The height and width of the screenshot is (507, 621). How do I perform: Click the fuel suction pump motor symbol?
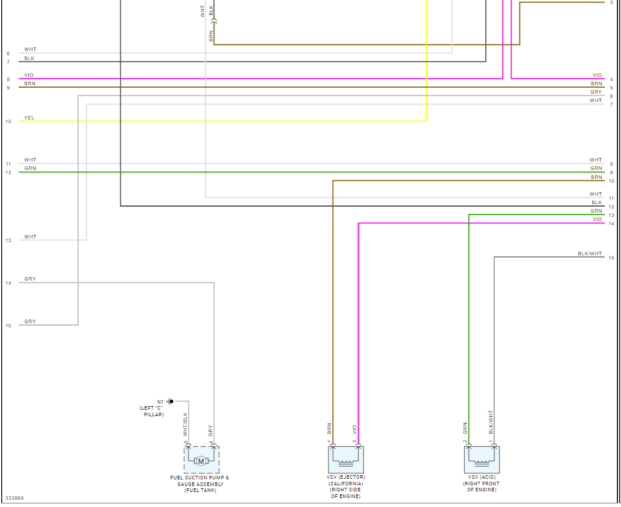point(201,461)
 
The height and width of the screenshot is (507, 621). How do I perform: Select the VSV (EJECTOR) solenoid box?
point(347,460)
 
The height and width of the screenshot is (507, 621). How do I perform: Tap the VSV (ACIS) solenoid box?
point(482,460)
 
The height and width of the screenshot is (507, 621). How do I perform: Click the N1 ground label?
point(160,401)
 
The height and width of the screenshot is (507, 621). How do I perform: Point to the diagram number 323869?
point(14,498)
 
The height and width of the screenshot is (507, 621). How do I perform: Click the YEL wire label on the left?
point(29,118)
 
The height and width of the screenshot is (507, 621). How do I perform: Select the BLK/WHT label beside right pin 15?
point(590,253)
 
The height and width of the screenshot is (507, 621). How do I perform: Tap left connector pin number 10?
point(8,121)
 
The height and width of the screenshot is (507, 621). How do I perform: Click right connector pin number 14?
point(611,224)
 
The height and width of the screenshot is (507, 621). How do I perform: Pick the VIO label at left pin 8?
point(29,75)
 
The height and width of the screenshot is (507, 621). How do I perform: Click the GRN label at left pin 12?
point(30,168)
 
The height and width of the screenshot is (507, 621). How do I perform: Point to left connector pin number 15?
point(8,326)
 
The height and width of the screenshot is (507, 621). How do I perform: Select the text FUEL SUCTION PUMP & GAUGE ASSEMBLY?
point(200,481)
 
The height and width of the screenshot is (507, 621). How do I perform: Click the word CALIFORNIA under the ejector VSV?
point(347,484)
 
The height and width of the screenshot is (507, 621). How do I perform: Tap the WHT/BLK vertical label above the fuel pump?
point(186,424)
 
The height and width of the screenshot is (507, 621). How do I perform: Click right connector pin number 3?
point(611,3)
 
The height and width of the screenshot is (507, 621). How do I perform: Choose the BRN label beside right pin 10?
point(596,177)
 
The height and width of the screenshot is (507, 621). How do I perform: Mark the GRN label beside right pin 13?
point(596,211)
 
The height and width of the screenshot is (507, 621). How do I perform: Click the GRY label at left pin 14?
point(30,279)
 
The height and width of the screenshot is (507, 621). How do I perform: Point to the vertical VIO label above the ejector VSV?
point(355,430)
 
